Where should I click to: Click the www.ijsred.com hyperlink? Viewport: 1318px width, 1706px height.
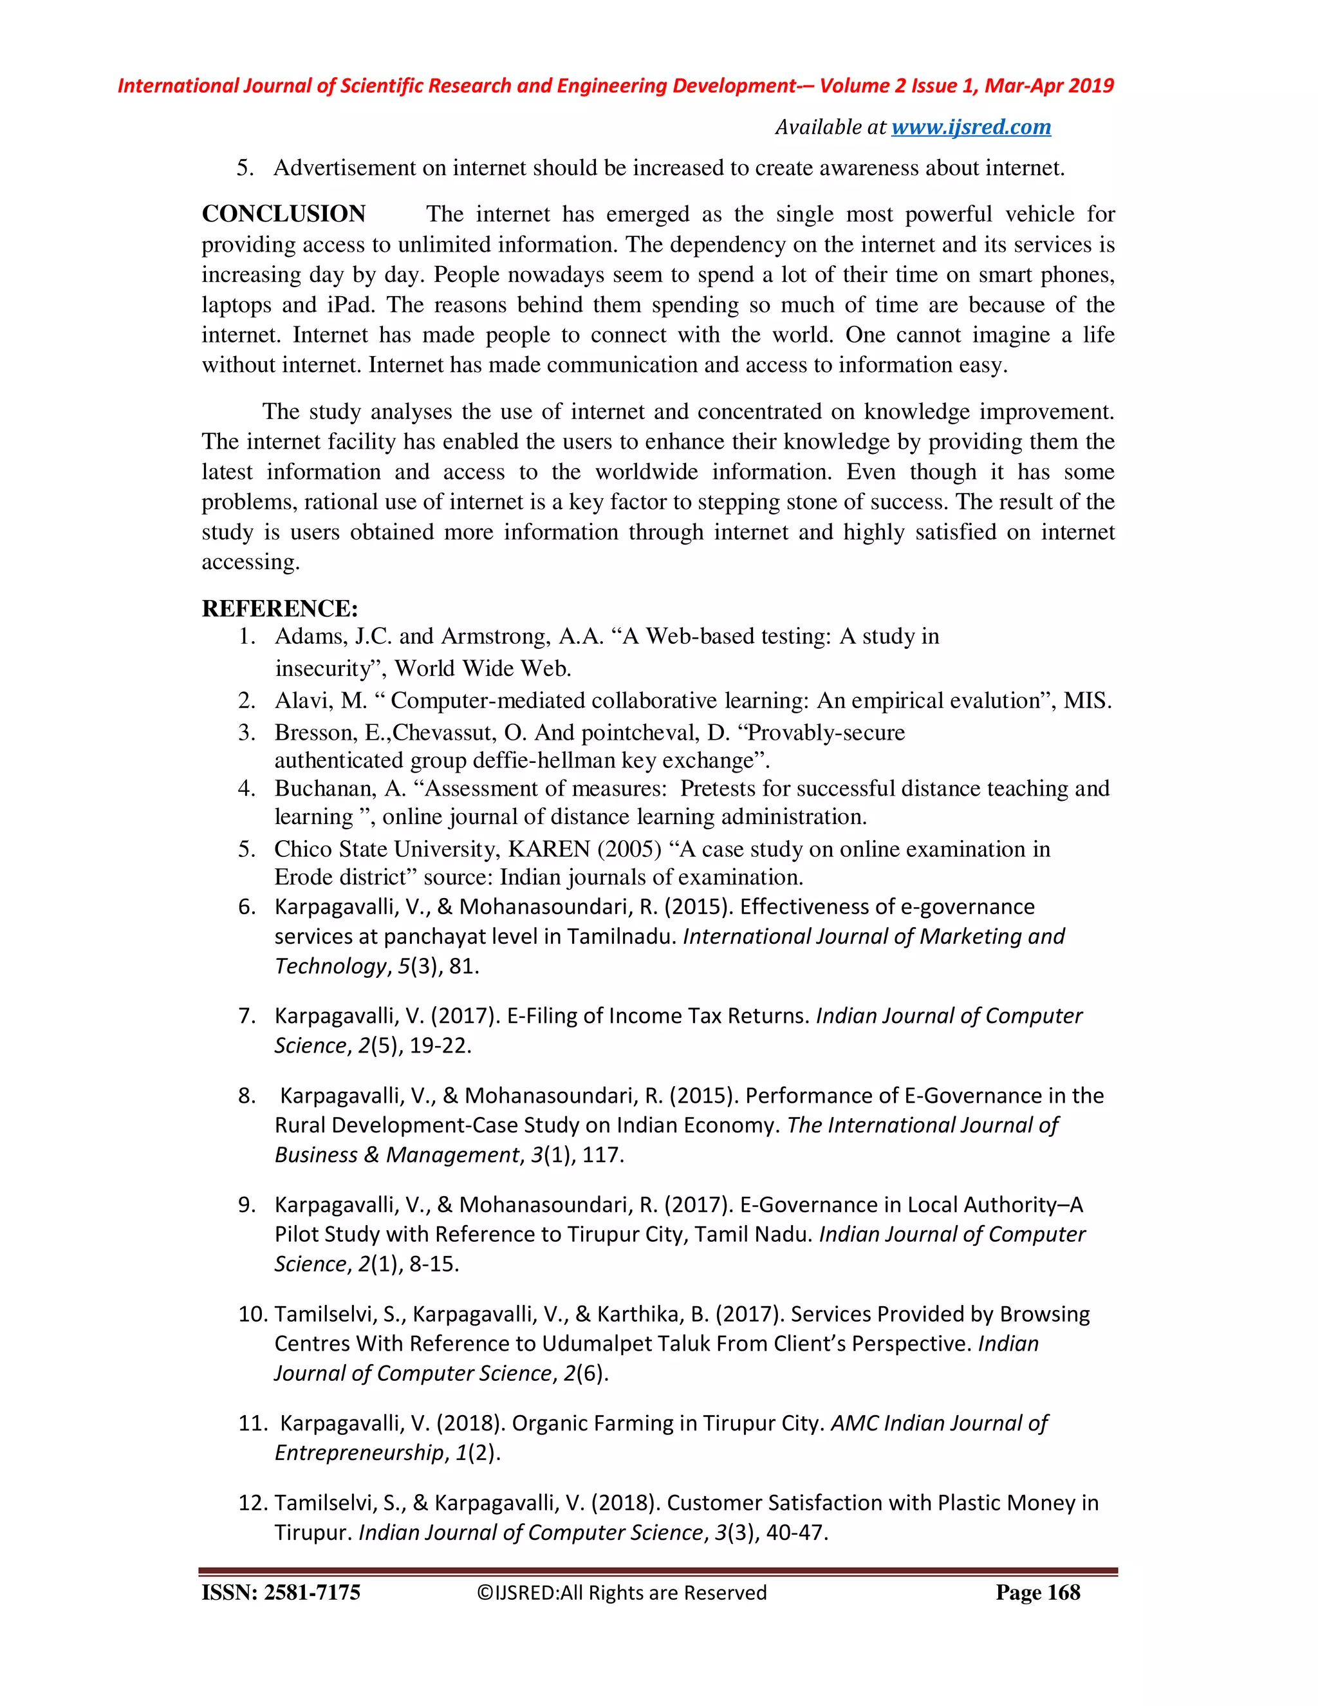click(970, 127)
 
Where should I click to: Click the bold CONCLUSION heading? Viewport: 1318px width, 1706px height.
click(283, 214)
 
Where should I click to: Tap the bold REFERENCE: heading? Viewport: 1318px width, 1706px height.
click(279, 608)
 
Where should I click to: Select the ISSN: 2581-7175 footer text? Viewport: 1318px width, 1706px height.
click(281, 1593)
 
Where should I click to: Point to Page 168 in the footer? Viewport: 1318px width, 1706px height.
click(1037, 1593)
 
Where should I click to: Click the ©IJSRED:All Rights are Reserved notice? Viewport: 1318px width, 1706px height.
click(622, 1593)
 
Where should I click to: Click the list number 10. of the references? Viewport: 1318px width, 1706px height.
click(253, 1314)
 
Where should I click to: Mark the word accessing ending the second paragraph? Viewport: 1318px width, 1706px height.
click(249, 563)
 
